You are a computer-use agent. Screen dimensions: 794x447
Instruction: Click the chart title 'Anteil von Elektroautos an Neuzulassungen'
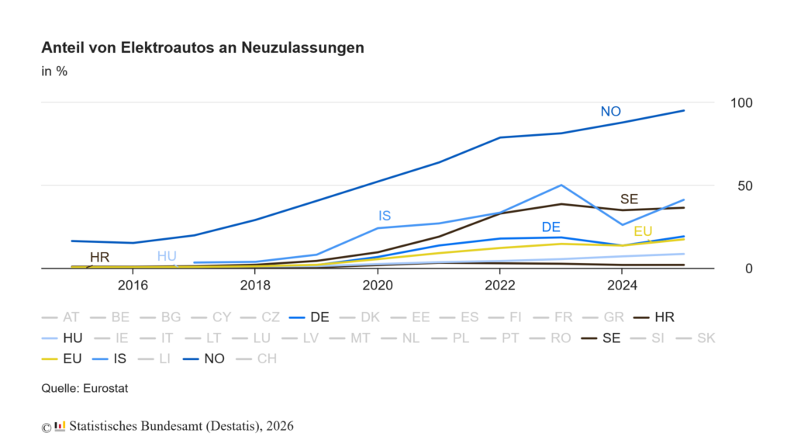(202, 47)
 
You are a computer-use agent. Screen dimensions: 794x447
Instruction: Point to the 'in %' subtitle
(54, 71)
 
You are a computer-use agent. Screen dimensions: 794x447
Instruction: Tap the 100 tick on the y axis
(741, 103)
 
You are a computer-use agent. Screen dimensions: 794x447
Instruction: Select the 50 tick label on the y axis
(745, 186)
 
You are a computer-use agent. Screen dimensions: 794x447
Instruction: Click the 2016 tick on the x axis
(133, 286)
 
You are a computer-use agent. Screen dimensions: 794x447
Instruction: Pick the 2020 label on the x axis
(378, 286)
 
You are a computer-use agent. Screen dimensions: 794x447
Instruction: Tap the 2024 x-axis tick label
(623, 286)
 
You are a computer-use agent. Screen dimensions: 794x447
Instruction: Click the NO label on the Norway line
(611, 112)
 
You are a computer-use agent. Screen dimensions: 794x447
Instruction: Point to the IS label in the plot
(385, 216)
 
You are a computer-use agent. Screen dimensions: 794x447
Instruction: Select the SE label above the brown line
(630, 199)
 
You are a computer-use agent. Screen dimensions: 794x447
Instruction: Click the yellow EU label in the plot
(643, 231)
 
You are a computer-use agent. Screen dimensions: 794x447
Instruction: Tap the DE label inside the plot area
(551, 227)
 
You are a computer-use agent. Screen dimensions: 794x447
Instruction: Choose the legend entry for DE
(309, 317)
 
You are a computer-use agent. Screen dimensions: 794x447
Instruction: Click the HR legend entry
(654, 317)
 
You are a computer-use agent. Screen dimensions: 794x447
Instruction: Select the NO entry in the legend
(204, 359)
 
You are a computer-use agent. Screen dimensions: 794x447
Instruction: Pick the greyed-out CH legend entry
(257, 359)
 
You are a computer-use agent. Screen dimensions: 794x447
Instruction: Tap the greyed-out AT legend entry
(60, 317)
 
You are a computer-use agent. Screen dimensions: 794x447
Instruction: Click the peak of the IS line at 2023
(561, 185)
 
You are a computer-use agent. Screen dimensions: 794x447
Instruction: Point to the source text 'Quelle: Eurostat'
(85, 389)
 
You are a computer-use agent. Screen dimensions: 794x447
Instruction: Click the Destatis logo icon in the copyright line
(60, 426)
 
